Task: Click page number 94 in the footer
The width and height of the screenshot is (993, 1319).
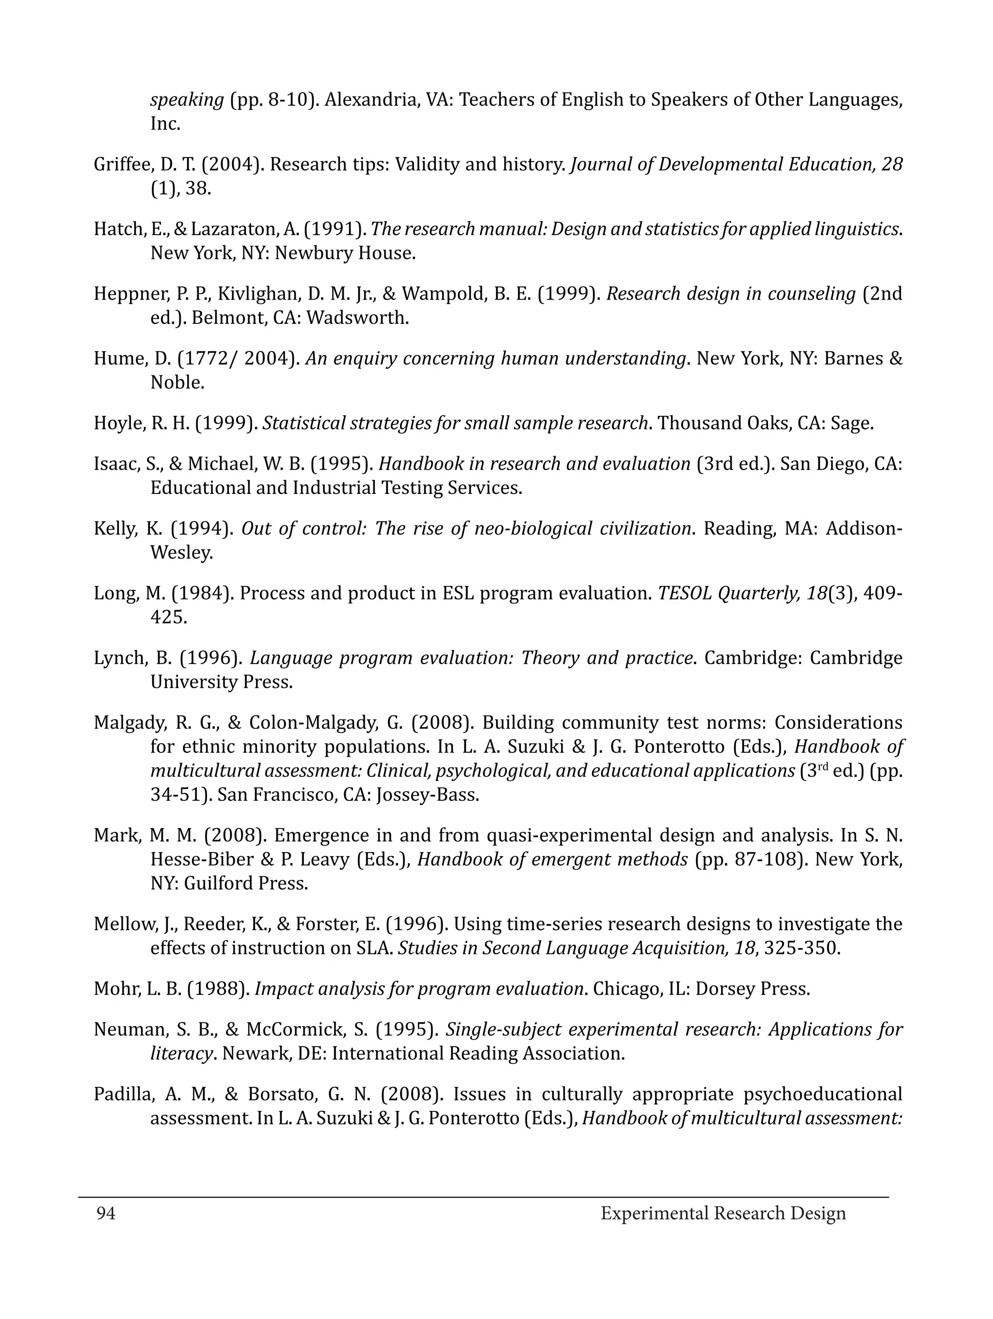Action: pos(106,1213)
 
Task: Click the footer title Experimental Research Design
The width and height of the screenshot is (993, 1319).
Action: pos(723,1213)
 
